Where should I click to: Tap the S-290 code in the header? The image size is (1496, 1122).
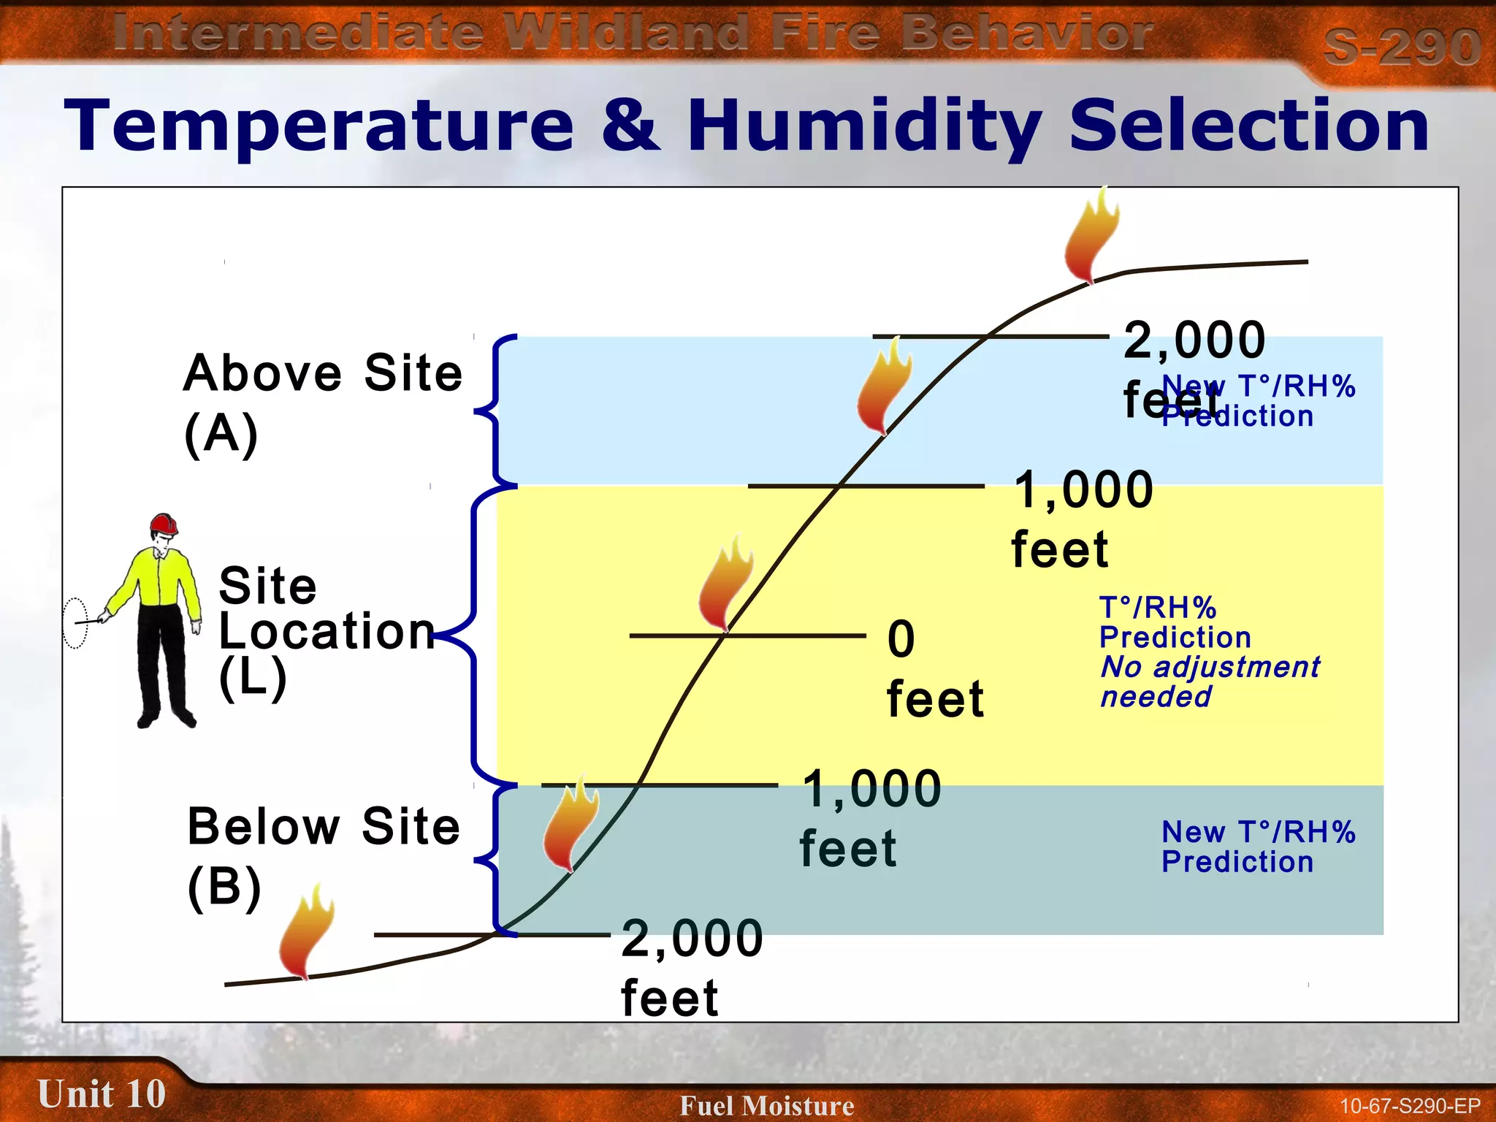1401,47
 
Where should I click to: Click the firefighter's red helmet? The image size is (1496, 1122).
164,524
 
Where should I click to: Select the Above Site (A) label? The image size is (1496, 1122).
322,402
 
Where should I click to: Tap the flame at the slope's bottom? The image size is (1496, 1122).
306,931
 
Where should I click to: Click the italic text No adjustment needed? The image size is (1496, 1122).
1209,682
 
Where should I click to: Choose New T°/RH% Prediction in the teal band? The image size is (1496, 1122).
1258,847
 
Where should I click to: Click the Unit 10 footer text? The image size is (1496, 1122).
102,1094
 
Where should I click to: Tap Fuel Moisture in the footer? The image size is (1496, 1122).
766,1105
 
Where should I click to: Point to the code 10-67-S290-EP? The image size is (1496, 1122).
1409,1106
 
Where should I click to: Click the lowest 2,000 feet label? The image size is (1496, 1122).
690,967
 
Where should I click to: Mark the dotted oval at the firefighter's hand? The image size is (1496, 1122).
75,622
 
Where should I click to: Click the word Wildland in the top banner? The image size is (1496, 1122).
630,34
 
